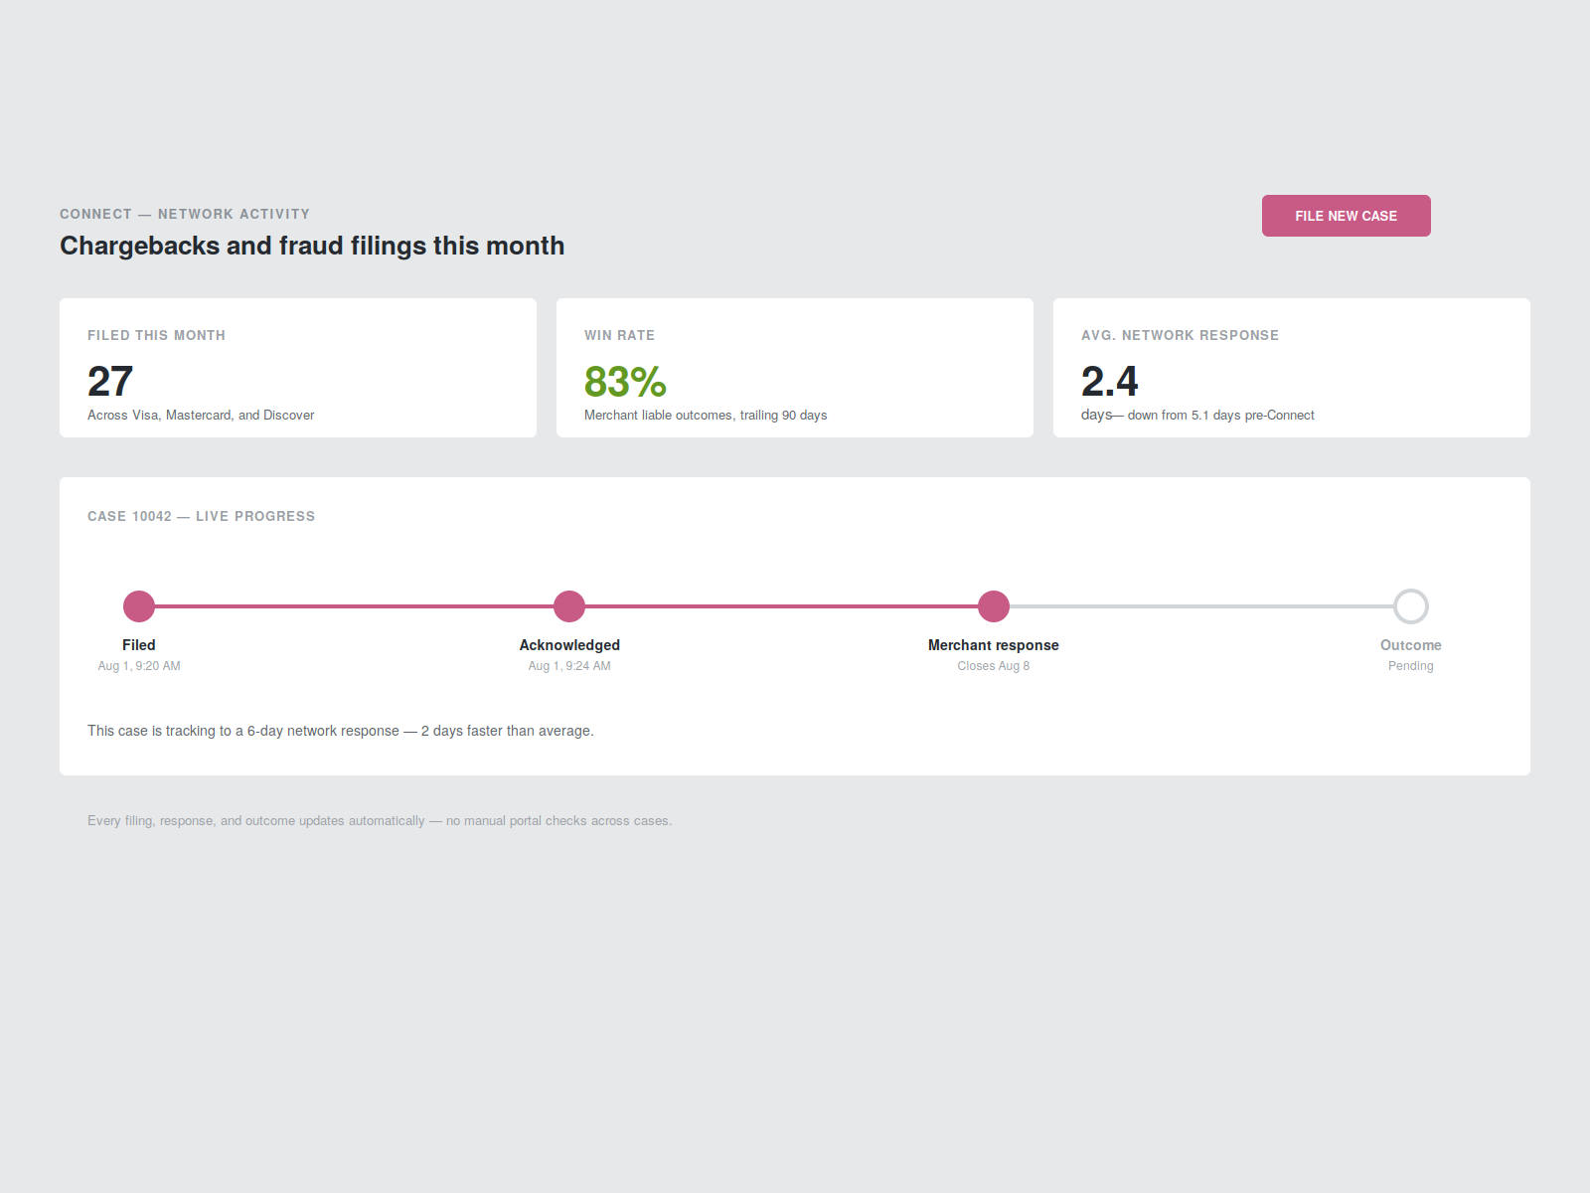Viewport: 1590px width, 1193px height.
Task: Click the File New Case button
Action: (1346, 216)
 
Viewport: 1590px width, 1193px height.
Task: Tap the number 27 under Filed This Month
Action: (110, 382)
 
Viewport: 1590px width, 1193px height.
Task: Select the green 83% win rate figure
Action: (625, 382)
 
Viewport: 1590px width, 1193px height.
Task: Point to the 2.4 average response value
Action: (1109, 382)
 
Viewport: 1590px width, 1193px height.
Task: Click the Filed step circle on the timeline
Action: (139, 606)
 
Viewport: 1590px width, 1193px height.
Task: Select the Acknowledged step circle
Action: (569, 606)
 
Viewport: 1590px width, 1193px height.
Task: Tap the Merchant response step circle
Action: (993, 606)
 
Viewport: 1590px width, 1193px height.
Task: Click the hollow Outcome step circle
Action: (1410, 591)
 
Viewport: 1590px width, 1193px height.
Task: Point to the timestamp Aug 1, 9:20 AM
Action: (139, 666)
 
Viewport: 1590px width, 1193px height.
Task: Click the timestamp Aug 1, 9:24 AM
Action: (569, 666)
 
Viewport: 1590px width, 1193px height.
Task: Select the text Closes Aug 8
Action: (993, 666)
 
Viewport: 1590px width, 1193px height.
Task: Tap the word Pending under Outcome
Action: (1410, 666)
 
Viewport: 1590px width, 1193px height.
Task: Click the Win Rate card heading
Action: (619, 335)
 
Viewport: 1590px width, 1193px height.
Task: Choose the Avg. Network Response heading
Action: (1180, 335)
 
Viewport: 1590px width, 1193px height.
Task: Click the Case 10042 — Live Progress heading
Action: (202, 516)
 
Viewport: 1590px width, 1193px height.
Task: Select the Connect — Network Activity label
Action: (185, 215)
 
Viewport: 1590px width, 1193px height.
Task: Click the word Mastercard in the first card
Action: (199, 415)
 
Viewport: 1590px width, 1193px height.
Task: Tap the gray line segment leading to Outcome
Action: (1201, 606)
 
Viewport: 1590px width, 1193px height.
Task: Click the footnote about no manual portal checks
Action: (380, 821)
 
